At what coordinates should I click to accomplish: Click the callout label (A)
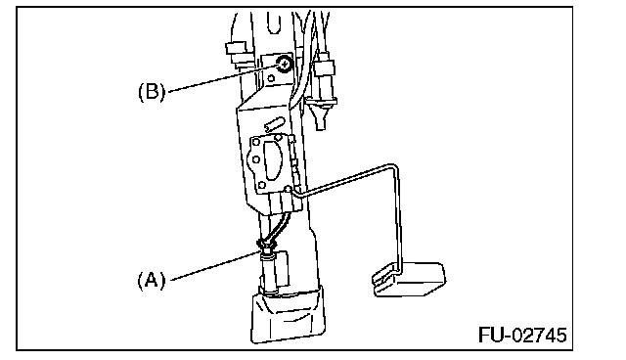152,281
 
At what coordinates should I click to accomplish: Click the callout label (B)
152,92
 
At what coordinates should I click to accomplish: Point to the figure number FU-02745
522,335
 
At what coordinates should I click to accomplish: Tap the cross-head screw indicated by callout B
284,64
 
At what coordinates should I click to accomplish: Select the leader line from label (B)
223,78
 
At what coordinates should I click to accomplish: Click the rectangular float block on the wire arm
409,280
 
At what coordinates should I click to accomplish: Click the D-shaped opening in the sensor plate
275,162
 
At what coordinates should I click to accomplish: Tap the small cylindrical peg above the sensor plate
274,124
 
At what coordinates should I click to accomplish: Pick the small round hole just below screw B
271,78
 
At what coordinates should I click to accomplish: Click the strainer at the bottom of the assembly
289,316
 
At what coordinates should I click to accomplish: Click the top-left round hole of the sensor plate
256,142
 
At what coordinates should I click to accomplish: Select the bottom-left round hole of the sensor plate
261,185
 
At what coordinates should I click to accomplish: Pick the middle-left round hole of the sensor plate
256,160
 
